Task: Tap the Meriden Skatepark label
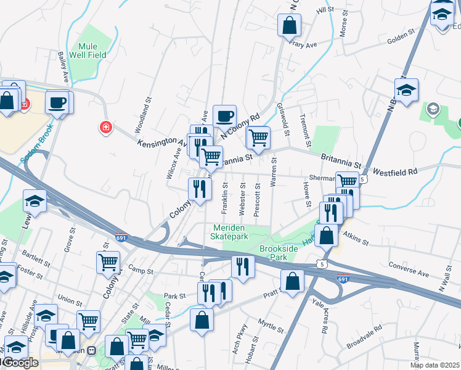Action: point(229,232)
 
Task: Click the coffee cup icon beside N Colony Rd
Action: point(225,116)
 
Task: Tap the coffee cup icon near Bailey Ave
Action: point(57,102)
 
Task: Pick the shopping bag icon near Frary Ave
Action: point(289,27)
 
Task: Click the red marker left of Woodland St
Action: point(106,127)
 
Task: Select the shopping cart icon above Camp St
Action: point(108,261)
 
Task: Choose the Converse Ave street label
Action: point(409,269)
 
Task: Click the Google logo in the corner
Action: point(20,363)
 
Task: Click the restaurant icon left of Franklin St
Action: point(199,188)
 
